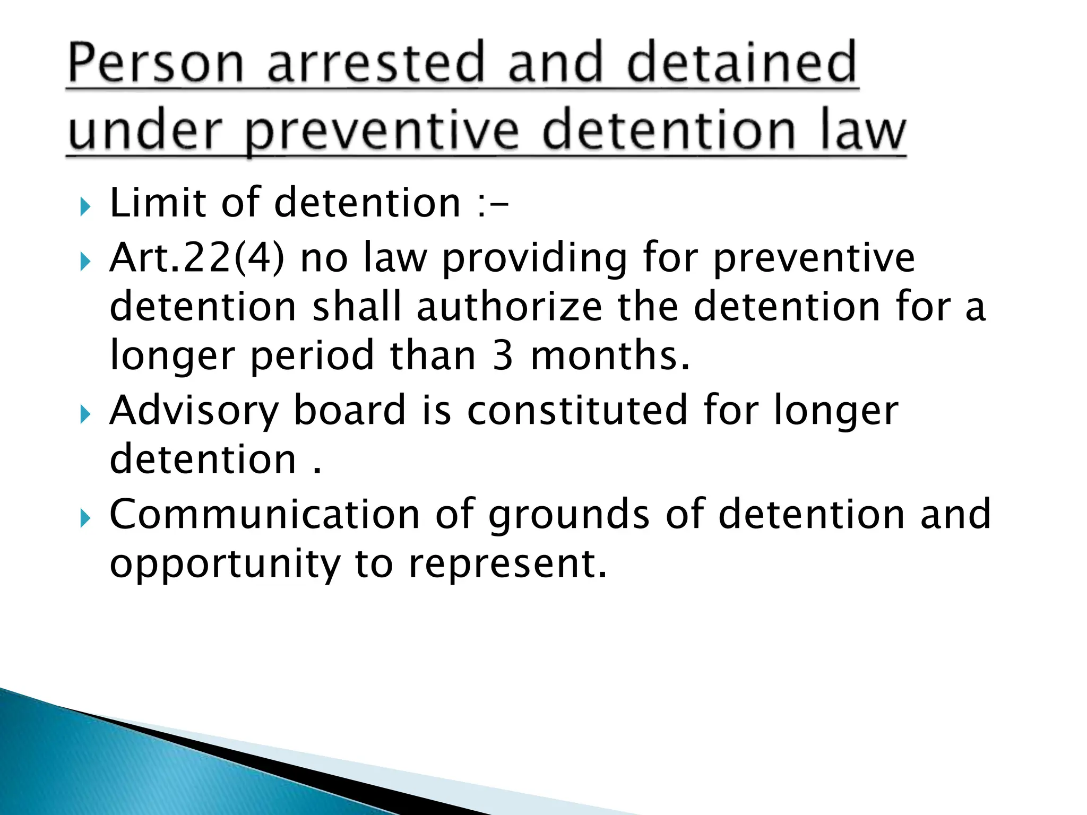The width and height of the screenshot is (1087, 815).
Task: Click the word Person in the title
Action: click(155, 64)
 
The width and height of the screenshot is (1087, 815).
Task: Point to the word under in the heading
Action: click(144, 131)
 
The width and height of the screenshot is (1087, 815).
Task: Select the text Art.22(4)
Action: click(197, 258)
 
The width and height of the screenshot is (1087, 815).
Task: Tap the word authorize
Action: click(509, 307)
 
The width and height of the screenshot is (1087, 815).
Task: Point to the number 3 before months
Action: click(502, 356)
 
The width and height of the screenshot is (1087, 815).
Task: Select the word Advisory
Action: click(194, 412)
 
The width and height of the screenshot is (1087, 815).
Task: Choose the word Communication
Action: click(265, 514)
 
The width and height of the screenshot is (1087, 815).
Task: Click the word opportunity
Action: click(225, 565)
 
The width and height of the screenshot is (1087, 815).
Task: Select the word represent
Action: click(507, 565)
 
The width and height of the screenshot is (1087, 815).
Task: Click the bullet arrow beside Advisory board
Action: click(85, 414)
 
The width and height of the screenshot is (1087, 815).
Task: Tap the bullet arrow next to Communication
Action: click(85, 518)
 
